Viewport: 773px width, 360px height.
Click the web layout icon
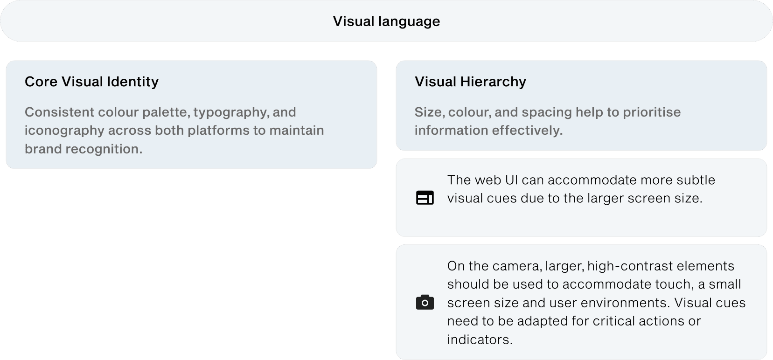pyautogui.click(x=425, y=198)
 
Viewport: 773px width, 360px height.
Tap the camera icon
pyautogui.click(x=425, y=303)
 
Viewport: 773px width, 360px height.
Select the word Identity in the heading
pyautogui.click(x=132, y=82)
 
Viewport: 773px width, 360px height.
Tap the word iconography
pyautogui.click(x=64, y=131)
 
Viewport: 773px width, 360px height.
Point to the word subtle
pyautogui.click(x=694, y=180)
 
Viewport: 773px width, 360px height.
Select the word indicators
pyautogui.click(x=480, y=339)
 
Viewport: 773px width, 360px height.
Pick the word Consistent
pyautogui.click(x=59, y=112)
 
